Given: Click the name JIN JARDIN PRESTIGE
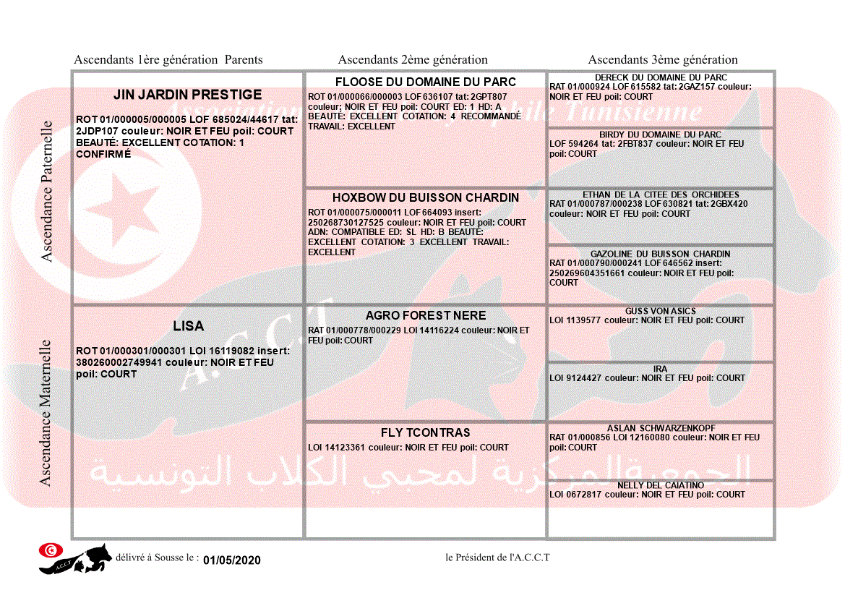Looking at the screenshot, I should [187, 95].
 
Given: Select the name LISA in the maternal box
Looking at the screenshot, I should [188, 326].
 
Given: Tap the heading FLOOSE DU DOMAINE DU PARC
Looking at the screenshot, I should [425, 82].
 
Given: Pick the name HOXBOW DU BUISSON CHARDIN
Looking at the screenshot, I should [425, 197].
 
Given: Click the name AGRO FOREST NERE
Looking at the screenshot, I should [425, 316].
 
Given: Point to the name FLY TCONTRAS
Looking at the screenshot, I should [425, 432].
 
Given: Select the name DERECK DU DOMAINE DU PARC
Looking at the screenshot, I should [661, 77].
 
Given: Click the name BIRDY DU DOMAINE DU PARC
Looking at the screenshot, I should [661, 134].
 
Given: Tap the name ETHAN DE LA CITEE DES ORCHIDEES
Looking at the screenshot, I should [661, 195].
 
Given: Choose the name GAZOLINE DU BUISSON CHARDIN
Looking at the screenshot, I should [661, 254].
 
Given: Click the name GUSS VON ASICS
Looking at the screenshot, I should [661, 311].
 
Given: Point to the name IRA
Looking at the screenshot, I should [661, 369].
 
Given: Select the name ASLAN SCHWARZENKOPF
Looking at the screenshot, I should [661, 428].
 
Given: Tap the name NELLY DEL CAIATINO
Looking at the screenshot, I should [661, 485].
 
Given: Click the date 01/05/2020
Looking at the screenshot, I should [231, 560].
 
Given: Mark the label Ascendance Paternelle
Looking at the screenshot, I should [47, 192].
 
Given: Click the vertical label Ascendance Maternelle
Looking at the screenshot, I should [46, 412].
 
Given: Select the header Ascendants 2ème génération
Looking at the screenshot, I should [413, 60].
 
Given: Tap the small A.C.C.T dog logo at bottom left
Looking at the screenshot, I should [75, 558].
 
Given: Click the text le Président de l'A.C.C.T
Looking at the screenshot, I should [498, 558].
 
